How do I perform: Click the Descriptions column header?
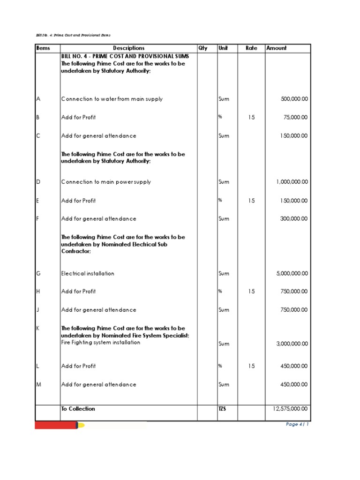pyautogui.click(x=128, y=48)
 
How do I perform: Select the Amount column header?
pyautogui.click(x=277, y=48)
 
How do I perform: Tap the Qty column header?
pyautogui.click(x=203, y=48)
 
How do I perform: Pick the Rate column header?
pyautogui.click(x=252, y=48)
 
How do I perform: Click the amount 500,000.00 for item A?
pyautogui.click(x=294, y=99)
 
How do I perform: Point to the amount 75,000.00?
pyautogui.click(x=295, y=118)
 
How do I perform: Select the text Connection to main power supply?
pyautogui.click(x=106, y=182)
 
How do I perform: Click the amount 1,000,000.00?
pyautogui.click(x=292, y=182)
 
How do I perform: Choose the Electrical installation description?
pyautogui.click(x=88, y=273)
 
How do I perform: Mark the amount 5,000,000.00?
pyautogui.click(x=292, y=273)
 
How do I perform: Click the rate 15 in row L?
pyautogui.click(x=252, y=366)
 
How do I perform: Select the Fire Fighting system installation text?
pyautogui.click(x=101, y=343)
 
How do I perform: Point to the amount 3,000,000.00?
pyautogui.click(x=292, y=344)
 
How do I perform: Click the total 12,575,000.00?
pyautogui.click(x=290, y=409)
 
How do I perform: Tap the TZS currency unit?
pyautogui.click(x=222, y=409)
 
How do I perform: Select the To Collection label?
pyautogui.click(x=78, y=409)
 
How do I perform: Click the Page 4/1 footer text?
pyautogui.click(x=297, y=424)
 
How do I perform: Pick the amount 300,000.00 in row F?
pyautogui.click(x=294, y=219)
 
